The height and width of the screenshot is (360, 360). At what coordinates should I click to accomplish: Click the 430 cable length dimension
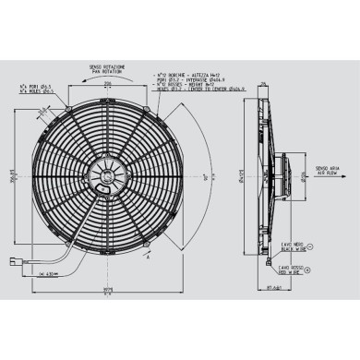coord(51,274)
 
